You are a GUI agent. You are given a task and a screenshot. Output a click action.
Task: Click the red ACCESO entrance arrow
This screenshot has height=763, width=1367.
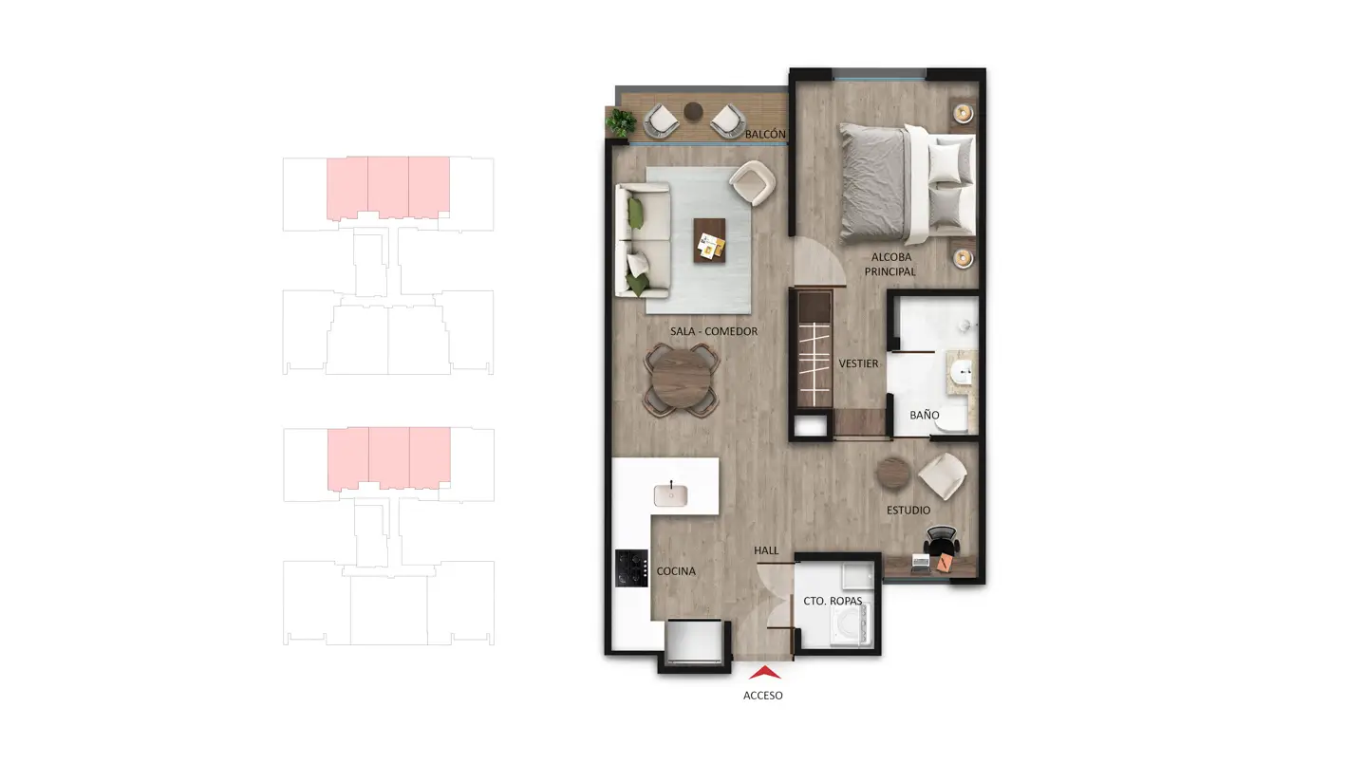pos(765,673)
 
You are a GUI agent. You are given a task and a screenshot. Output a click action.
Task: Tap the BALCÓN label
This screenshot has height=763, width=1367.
pos(765,134)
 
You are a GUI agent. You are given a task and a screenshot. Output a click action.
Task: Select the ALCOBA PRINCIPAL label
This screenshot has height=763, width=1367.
pos(890,264)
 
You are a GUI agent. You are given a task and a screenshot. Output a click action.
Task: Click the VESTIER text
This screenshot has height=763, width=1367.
pos(858,363)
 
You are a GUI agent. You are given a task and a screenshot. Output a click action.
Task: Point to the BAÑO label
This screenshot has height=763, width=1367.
pos(925,415)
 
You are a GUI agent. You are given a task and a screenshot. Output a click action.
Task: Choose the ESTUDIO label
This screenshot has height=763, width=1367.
pos(908,510)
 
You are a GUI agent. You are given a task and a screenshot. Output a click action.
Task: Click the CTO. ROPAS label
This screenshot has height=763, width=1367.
pos(833,601)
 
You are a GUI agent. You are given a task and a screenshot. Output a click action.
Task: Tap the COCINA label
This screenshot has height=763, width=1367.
pos(676,571)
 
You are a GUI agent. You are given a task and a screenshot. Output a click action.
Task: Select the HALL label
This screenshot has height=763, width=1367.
pos(766,550)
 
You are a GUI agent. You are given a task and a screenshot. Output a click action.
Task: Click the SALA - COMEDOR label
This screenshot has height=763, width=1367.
pos(714,331)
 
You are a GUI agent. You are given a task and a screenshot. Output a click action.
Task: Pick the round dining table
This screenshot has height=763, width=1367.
pos(681,380)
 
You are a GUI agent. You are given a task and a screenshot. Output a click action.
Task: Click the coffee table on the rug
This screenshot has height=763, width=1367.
pos(710,240)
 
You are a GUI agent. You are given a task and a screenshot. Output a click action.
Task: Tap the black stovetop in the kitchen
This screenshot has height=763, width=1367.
pos(631,568)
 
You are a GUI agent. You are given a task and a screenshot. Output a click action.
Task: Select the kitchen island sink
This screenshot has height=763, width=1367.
pos(670,495)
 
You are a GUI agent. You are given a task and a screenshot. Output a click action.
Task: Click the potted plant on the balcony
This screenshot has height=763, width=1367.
pos(621,122)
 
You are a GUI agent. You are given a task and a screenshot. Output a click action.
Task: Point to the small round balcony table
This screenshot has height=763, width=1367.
pos(693,111)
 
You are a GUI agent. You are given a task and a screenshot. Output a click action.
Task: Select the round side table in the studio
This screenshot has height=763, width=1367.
pos(893,474)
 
